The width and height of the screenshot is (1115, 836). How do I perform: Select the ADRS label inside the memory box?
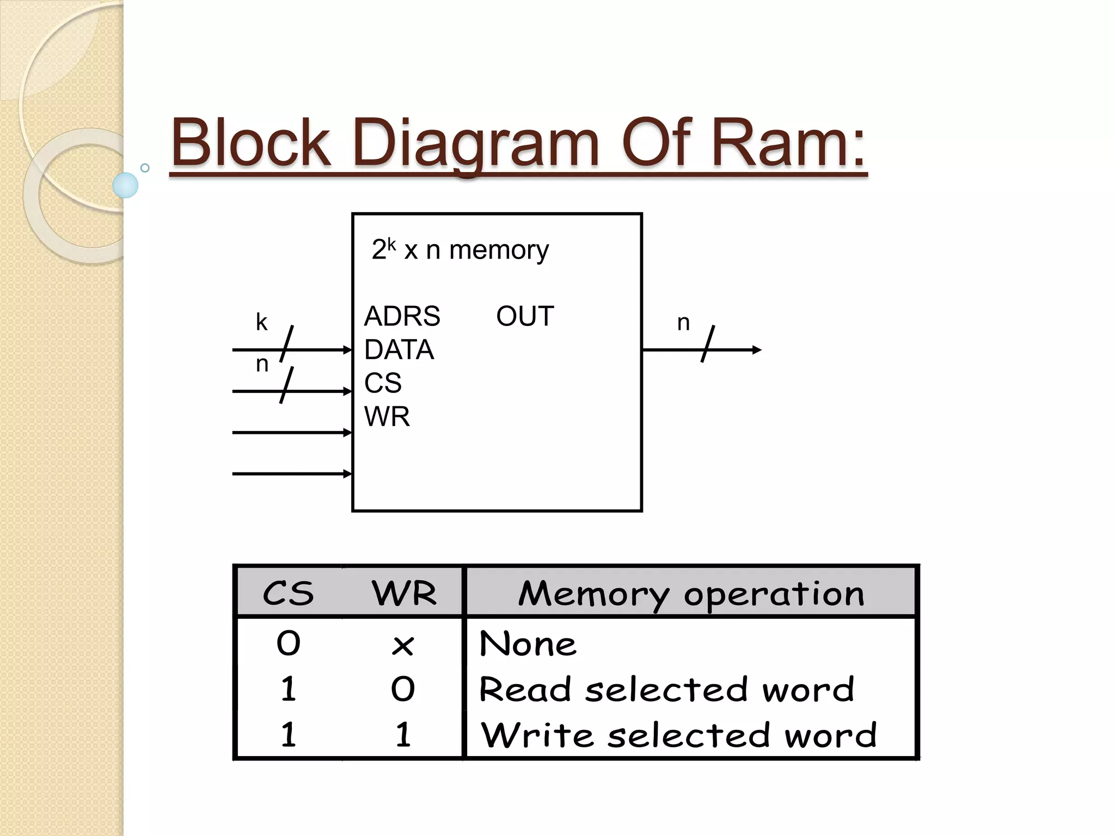tap(402, 316)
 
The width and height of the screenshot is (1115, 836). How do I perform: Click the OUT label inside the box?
tap(525, 316)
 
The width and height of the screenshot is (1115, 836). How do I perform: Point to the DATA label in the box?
tap(399, 349)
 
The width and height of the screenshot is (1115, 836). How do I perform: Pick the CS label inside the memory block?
tap(383, 383)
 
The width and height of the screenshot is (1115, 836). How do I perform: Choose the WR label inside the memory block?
tap(387, 416)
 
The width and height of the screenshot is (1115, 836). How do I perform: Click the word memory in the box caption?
tap(499, 250)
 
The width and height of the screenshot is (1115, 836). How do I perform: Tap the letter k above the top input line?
tap(261, 322)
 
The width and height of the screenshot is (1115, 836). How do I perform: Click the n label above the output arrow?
tap(683, 323)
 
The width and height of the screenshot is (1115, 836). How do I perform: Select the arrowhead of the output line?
tap(757, 350)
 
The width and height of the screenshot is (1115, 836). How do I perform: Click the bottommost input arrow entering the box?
tap(292, 474)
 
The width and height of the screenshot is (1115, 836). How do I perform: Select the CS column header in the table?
tap(288, 593)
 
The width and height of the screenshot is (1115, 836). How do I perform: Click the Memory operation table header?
tap(691, 593)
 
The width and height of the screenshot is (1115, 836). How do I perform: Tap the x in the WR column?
tap(403, 646)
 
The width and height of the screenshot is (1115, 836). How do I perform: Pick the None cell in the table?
tap(528, 644)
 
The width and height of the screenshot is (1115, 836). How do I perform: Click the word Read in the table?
tap(525, 690)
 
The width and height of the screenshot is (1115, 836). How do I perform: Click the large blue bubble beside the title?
tap(126, 185)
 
